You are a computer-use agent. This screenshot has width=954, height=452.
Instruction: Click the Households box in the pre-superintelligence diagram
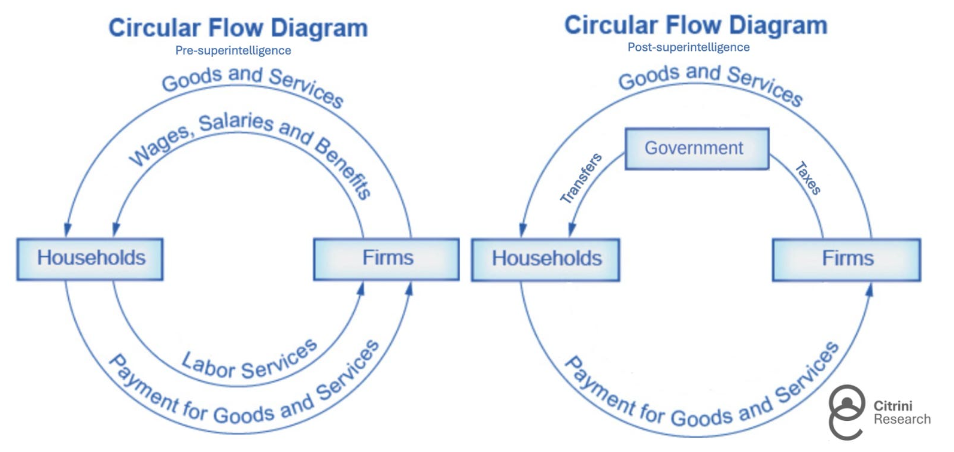pyautogui.click(x=90, y=259)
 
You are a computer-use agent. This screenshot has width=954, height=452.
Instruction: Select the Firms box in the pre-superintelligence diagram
pyautogui.click(x=387, y=259)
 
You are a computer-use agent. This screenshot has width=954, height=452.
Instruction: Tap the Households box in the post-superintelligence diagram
pyautogui.click(x=546, y=259)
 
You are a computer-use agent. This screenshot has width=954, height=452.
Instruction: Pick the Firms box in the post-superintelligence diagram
pyautogui.click(x=846, y=259)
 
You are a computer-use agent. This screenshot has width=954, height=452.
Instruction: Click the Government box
pyautogui.click(x=697, y=148)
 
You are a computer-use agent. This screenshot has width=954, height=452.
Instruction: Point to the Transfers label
pyautogui.click(x=581, y=178)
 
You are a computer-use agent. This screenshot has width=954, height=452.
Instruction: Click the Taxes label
pyautogui.click(x=807, y=178)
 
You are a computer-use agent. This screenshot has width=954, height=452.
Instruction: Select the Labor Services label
pyautogui.click(x=249, y=360)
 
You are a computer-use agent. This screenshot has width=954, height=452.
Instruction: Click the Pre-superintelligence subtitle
pyautogui.click(x=233, y=51)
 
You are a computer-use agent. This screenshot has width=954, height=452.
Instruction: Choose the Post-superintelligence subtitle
pyautogui.click(x=688, y=47)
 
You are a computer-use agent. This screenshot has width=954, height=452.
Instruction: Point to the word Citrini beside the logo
pyautogui.click(x=892, y=405)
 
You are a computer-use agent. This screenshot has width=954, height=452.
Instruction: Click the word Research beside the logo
pyautogui.click(x=902, y=419)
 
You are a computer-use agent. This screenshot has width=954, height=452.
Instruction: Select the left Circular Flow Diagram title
pyautogui.click(x=238, y=28)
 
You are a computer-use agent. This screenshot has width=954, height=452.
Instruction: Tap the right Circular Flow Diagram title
pyautogui.click(x=695, y=25)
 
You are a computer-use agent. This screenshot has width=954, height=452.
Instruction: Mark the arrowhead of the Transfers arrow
pyautogui.click(x=572, y=230)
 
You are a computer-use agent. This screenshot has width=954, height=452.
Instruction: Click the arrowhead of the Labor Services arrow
pyautogui.click(x=360, y=289)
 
